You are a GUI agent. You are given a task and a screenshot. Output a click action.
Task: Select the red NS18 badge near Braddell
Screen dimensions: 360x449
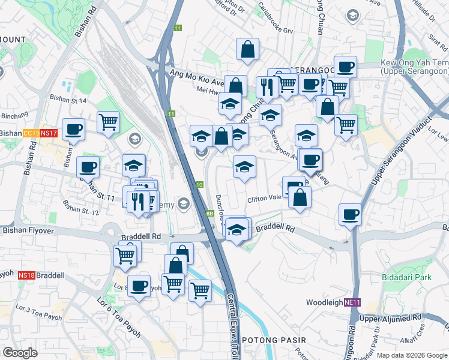26,275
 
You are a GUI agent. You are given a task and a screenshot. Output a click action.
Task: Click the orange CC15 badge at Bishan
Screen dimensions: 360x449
31,133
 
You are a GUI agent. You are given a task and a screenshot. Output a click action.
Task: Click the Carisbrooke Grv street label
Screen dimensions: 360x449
275,20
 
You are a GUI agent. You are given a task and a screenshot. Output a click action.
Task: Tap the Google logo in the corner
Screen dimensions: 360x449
20,353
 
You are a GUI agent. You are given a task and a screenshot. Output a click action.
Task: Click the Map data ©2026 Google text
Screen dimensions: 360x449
412,355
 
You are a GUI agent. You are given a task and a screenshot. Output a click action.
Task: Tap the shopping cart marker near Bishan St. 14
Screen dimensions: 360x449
109,121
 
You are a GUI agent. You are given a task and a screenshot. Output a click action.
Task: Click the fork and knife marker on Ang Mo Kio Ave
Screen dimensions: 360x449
267,86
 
